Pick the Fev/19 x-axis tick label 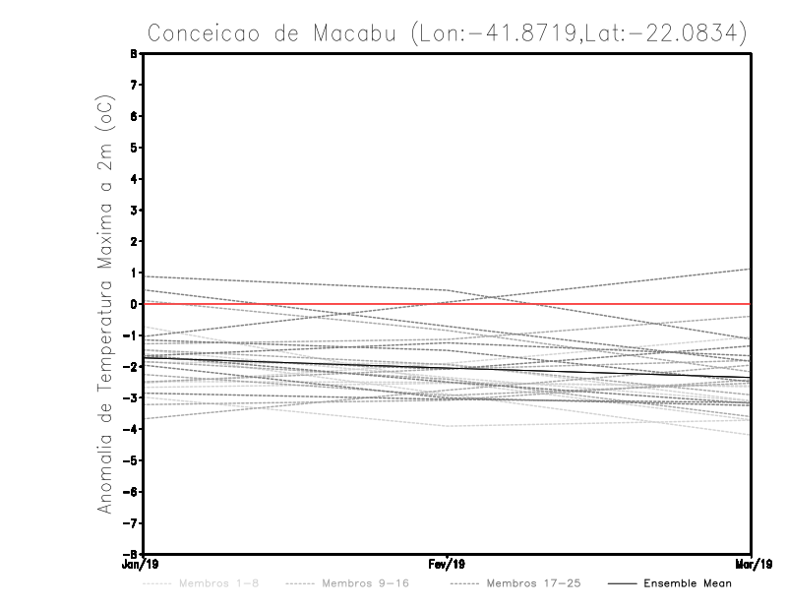(x=448, y=565)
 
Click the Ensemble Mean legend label (x=687, y=583)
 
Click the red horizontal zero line (x=590, y=304)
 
